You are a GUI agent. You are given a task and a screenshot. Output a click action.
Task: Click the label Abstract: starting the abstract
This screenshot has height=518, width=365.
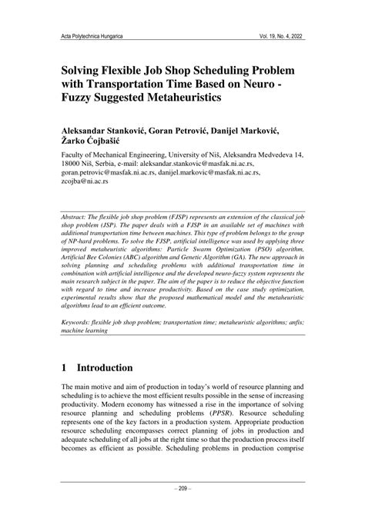80,218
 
